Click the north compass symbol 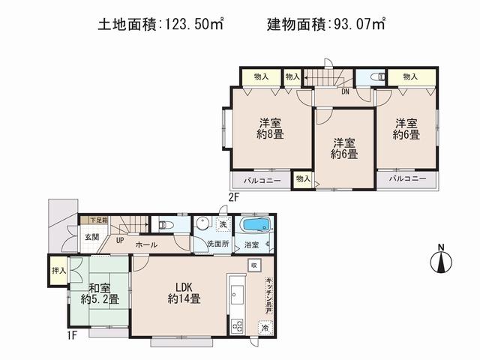(x=442, y=261)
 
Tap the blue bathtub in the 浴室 (x=256, y=226)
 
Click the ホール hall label (x=146, y=245)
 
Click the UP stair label (x=119, y=241)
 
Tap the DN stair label (x=345, y=92)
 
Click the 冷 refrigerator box (x=264, y=327)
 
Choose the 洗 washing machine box (x=223, y=224)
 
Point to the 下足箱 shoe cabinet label (x=98, y=220)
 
